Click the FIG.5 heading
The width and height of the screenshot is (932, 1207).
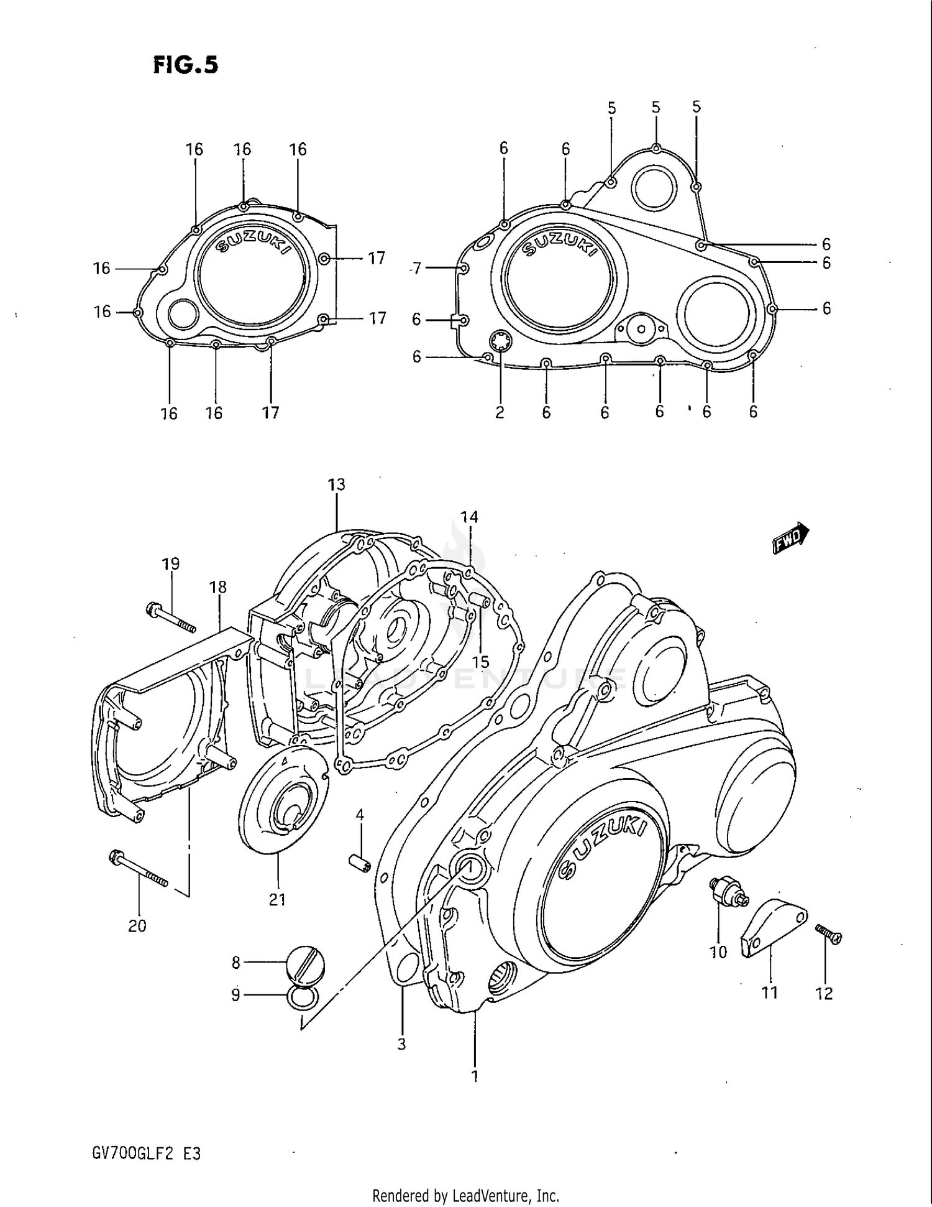pos(185,65)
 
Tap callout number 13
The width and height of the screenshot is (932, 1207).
pos(336,484)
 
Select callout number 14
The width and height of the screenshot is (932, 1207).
pos(469,517)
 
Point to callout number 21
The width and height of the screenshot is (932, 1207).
pos(277,899)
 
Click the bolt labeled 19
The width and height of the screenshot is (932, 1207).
pos(170,618)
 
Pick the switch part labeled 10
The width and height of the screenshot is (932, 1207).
pos(729,892)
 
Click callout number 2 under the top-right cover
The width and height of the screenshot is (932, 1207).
pos(500,412)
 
